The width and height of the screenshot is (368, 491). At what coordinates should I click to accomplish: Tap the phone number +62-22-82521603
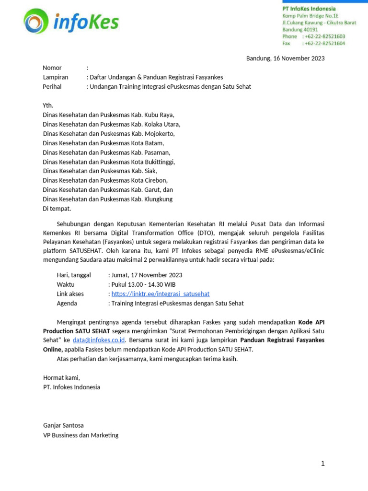pyautogui.click(x=324, y=36)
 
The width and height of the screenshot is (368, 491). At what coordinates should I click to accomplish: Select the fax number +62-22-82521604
pyautogui.click(x=324, y=43)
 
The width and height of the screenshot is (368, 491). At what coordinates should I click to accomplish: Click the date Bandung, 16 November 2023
pyautogui.click(x=285, y=58)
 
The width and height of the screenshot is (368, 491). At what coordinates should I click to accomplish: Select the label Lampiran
pyautogui.click(x=56, y=77)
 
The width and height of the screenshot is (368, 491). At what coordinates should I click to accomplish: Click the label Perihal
pyautogui.click(x=54, y=87)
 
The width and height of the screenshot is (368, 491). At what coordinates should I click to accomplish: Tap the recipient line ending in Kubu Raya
pyautogui.click(x=108, y=115)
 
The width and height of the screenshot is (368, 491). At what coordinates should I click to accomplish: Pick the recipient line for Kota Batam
pyautogui.click(x=103, y=143)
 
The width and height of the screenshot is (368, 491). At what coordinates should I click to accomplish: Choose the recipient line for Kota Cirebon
pyautogui.click(x=105, y=180)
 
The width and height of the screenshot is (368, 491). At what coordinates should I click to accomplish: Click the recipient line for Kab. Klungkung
pyautogui.click(x=107, y=199)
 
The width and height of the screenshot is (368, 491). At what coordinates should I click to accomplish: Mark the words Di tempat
pyautogui.click(x=57, y=209)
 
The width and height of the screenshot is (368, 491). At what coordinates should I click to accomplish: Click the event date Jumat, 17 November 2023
pyautogui.click(x=147, y=275)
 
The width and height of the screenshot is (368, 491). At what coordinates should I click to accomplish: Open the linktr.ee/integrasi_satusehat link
pyautogui.click(x=161, y=294)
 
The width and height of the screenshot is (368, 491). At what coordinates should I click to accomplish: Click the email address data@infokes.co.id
pyautogui.click(x=99, y=340)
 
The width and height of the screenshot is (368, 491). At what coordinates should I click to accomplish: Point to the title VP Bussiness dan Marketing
pyautogui.click(x=80, y=435)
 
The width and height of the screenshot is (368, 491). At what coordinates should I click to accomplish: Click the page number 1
pyautogui.click(x=323, y=463)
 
